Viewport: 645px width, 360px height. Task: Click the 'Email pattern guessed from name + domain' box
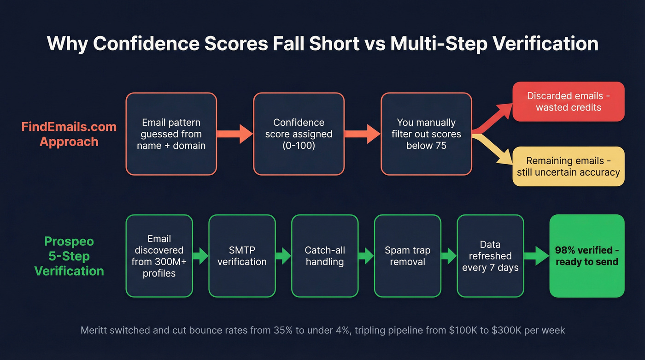(x=171, y=134)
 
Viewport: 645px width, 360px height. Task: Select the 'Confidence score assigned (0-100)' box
(x=299, y=134)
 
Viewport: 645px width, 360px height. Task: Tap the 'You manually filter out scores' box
(x=426, y=134)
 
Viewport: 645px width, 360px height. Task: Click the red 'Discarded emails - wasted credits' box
(x=568, y=101)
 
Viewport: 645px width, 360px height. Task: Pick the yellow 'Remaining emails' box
(x=568, y=166)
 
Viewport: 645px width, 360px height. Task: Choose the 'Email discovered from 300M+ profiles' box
(x=159, y=256)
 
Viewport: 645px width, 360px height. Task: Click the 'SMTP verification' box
(x=242, y=256)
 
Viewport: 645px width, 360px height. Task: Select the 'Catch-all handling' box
(x=325, y=256)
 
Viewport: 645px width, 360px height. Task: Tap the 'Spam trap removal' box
(x=407, y=256)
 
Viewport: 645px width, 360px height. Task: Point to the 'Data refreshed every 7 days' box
(x=490, y=256)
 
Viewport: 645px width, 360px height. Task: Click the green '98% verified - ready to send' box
(x=586, y=256)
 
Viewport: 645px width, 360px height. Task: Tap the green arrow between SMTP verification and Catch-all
(x=283, y=256)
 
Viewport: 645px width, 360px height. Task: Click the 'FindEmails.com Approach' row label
(x=69, y=134)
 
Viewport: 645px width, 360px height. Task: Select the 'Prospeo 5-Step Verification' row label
(x=69, y=256)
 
